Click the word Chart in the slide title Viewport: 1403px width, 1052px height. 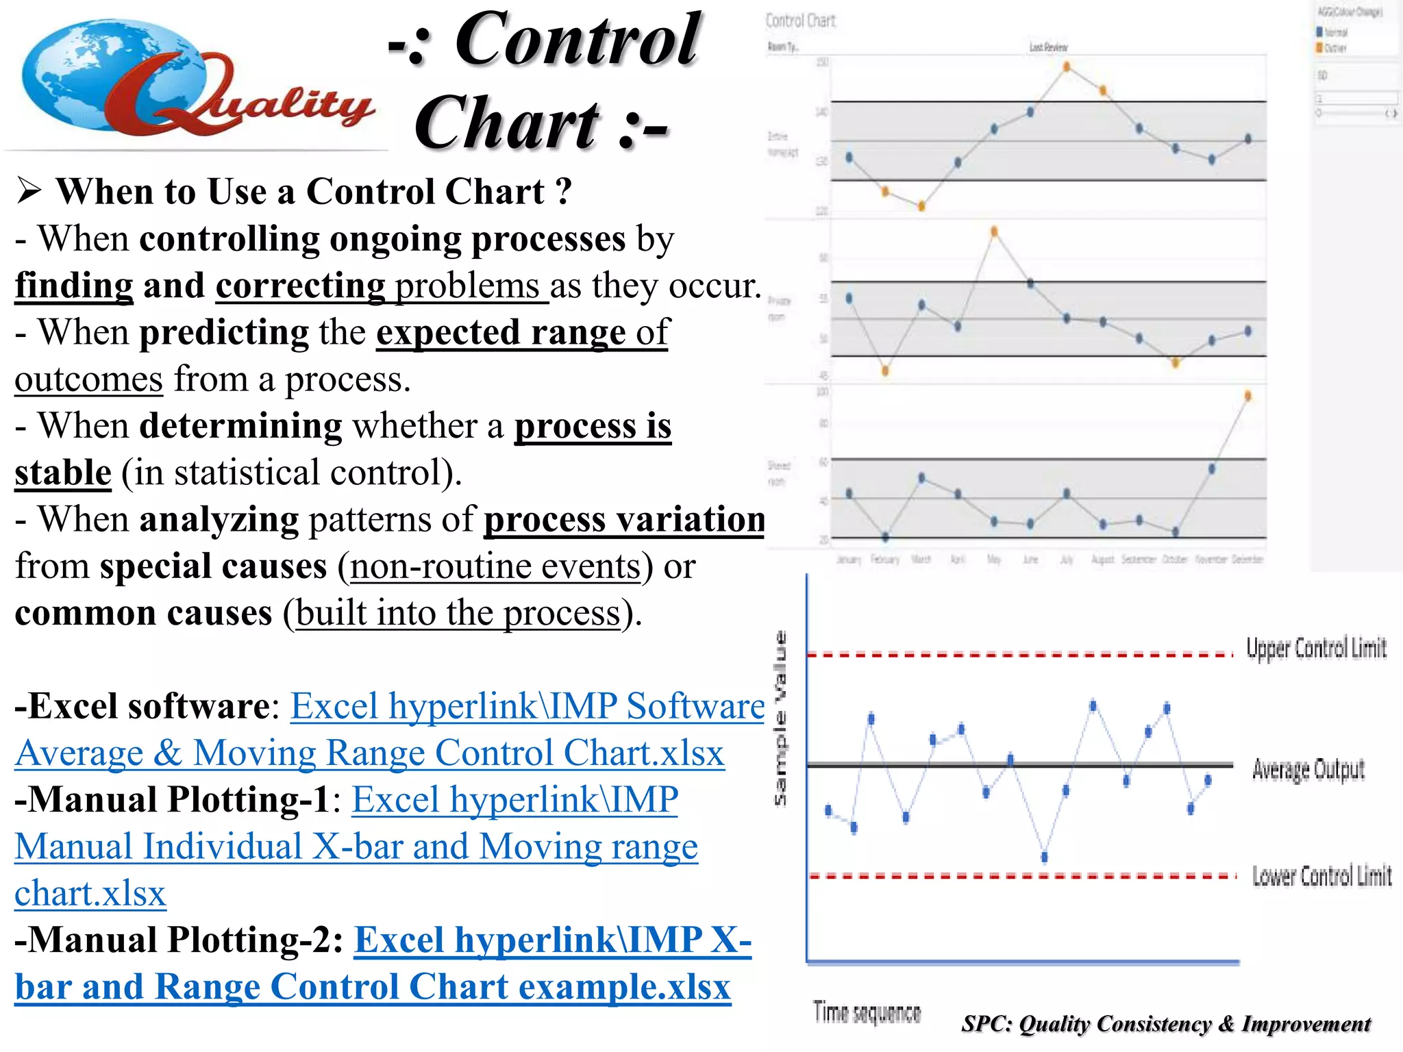click(507, 123)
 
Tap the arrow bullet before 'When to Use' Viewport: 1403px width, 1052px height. click(29, 191)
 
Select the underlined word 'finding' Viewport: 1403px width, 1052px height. click(74, 286)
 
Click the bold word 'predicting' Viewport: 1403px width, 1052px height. click(224, 332)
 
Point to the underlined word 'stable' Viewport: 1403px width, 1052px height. click(63, 473)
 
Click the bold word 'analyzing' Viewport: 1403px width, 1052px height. click(219, 519)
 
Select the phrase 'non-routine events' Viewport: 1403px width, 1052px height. click(495, 566)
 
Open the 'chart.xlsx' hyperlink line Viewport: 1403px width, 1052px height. click(90, 894)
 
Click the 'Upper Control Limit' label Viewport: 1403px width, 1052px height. click(1315, 648)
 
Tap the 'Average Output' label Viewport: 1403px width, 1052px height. click(1308, 770)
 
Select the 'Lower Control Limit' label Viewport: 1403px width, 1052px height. click(1321, 876)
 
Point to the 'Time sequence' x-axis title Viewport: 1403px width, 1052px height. click(867, 1012)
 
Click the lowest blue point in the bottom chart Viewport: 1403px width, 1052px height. click(1044, 857)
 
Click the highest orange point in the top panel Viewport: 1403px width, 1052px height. click(1067, 66)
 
